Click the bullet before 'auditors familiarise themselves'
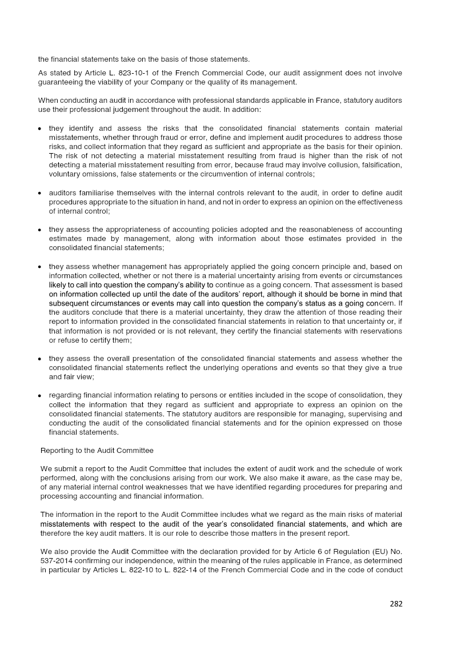tap(39, 194)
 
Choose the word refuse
tap(63, 340)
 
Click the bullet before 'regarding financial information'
tap(39, 396)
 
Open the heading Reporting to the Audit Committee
tap(97, 451)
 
